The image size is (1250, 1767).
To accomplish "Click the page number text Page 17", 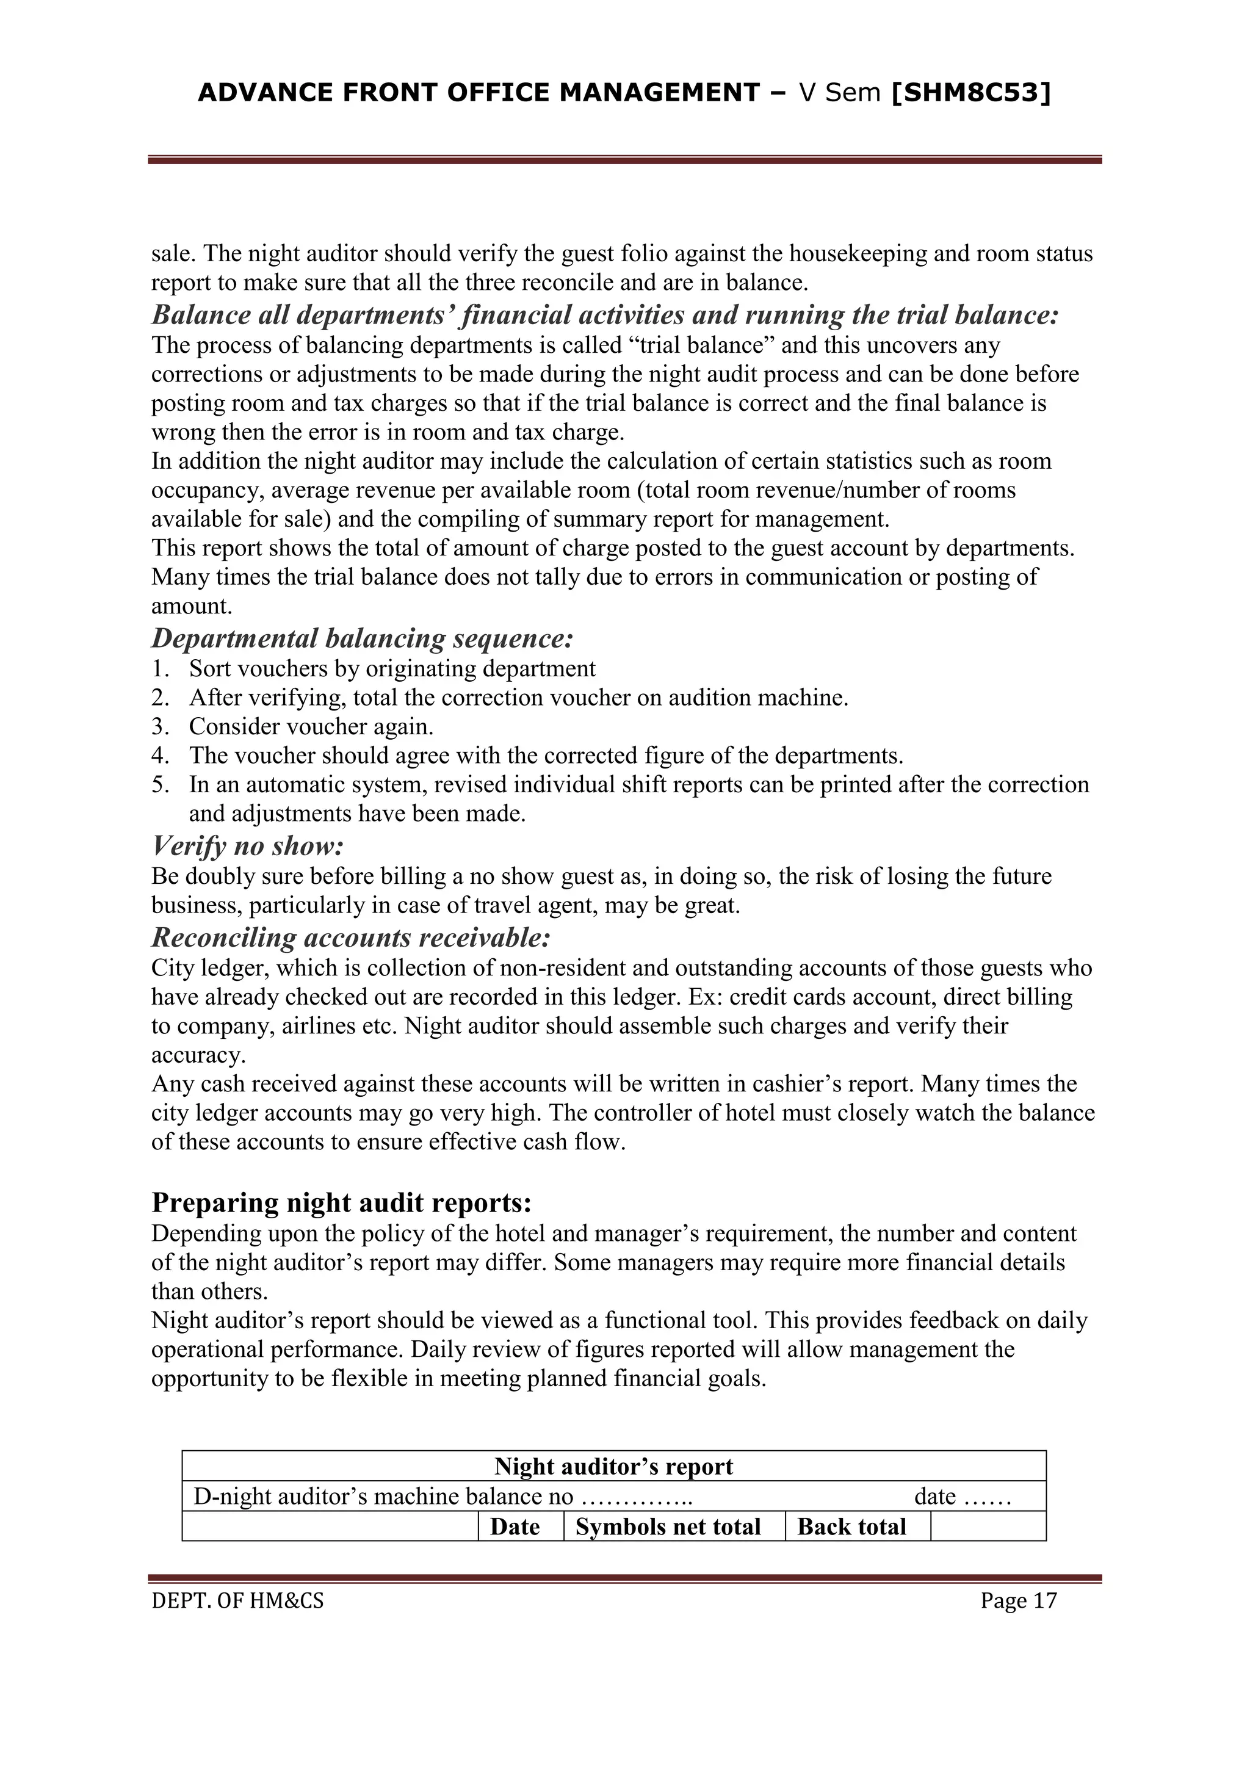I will pos(1018,1602).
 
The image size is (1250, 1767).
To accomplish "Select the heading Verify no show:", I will pos(247,847).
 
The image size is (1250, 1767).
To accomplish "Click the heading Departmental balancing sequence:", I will pos(363,639).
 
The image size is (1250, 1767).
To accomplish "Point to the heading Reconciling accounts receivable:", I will pos(351,938).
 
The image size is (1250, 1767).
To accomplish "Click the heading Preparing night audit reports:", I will pos(342,1202).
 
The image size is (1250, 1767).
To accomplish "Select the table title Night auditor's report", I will pos(613,1466).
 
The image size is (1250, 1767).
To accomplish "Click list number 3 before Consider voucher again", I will pos(159,726).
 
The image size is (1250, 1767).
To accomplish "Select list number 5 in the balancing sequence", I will pos(159,785).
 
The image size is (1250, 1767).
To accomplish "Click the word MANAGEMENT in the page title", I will pos(660,93).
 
